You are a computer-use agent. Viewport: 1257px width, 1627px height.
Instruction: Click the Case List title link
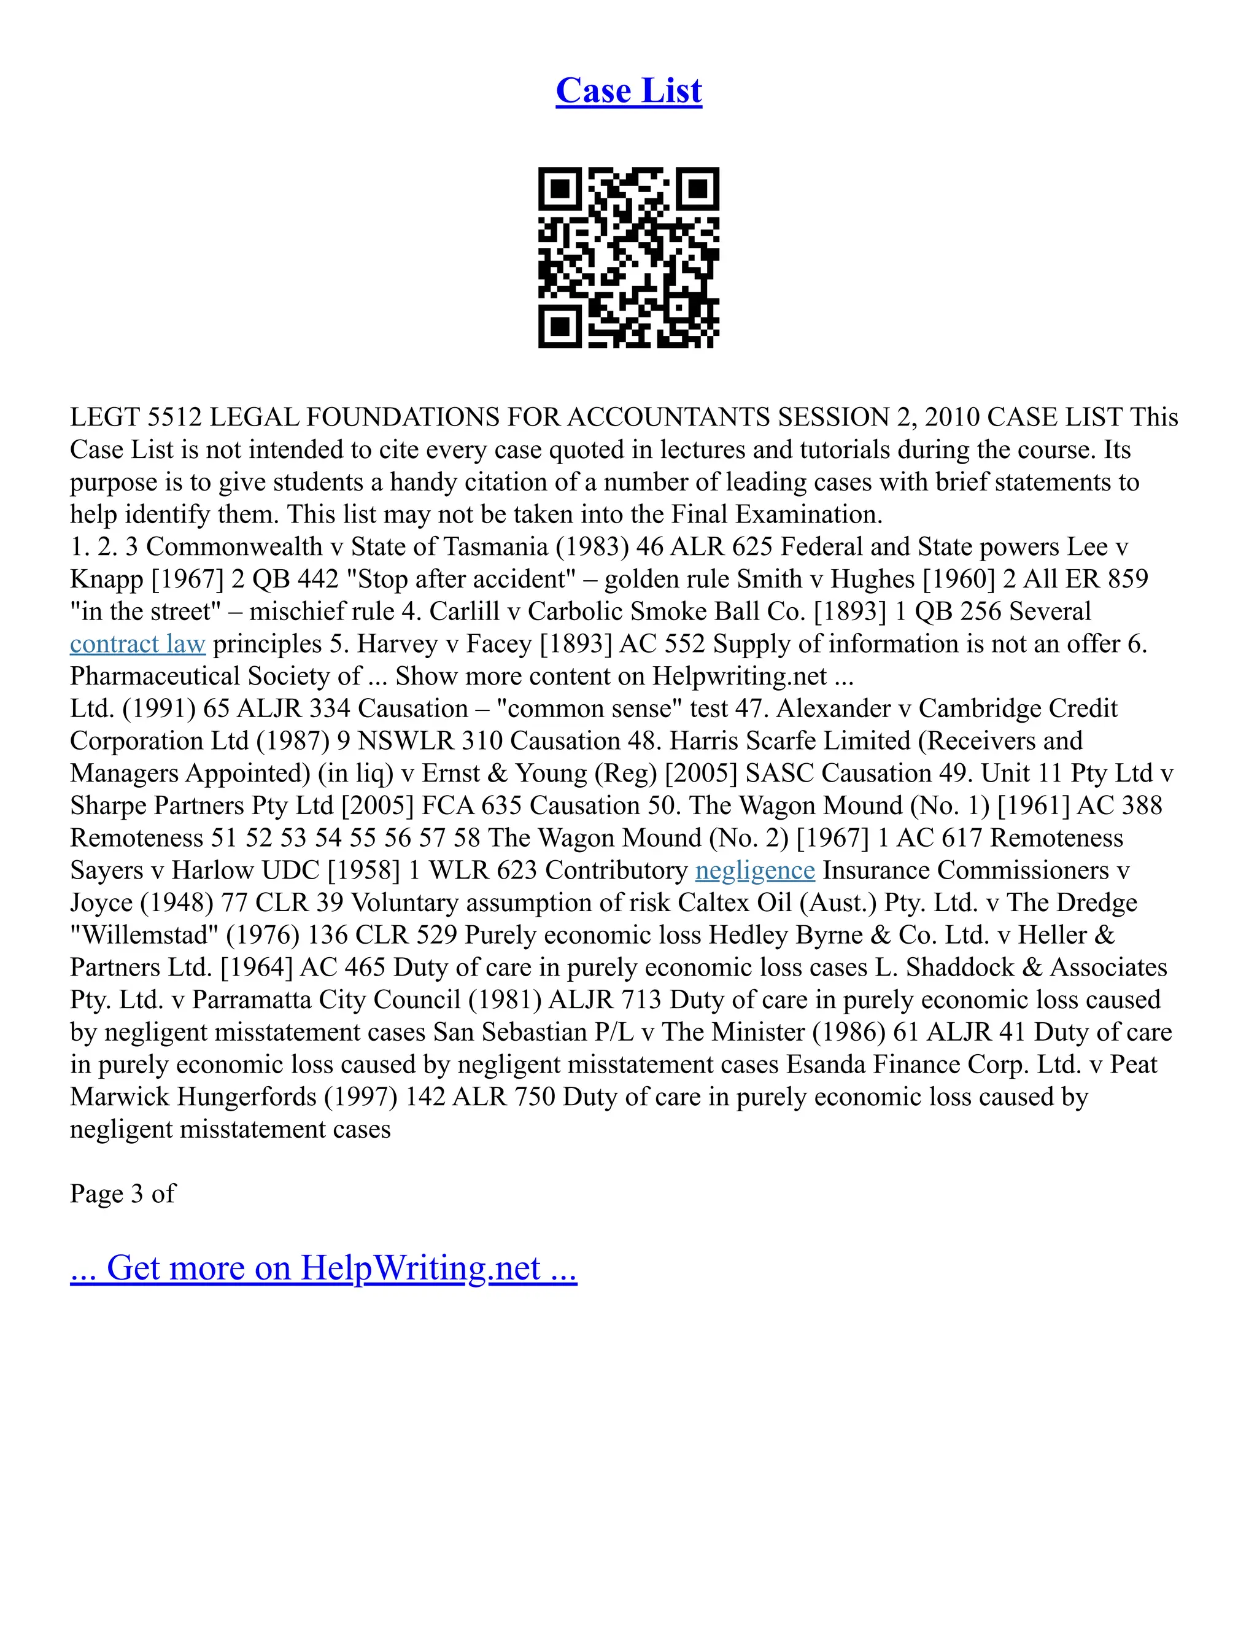(628, 91)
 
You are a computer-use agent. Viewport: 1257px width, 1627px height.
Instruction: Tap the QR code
(628, 257)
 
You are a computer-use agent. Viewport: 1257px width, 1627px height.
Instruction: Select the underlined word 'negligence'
(754, 870)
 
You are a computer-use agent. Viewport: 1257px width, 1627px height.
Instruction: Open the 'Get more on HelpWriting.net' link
(323, 1268)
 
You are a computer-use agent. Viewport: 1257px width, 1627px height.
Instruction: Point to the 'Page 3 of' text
(122, 1194)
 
